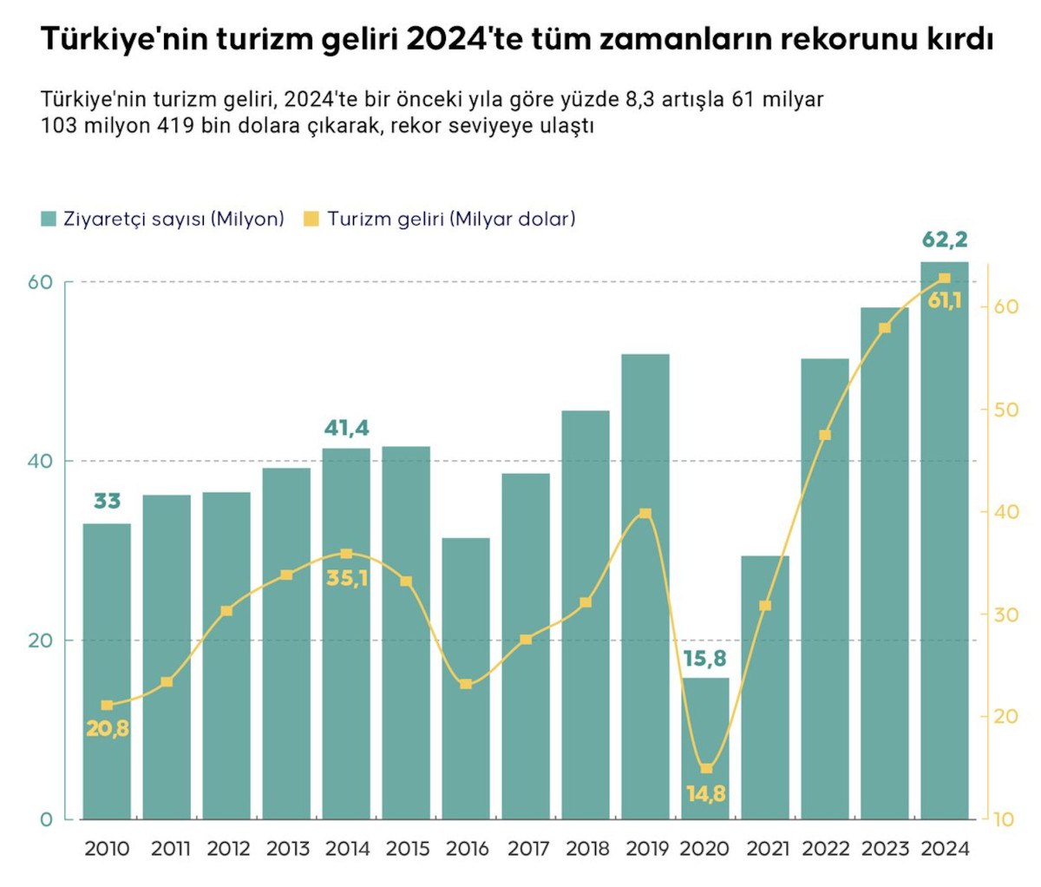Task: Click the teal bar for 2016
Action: click(x=466, y=677)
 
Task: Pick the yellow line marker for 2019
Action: click(x=645, y=514)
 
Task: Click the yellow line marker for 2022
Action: click(x=825, y=435)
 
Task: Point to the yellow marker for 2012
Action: click(x=226, y=611)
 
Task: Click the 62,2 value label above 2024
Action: click(x=944, y=240)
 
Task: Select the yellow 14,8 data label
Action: click(x=705, y=793)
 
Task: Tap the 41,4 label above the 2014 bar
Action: click(x=346, y=428)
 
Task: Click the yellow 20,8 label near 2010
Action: click(x=108, y=729)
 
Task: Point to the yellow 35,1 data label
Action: click(x=346, y=578)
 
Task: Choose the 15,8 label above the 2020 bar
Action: click(x=704, y=659)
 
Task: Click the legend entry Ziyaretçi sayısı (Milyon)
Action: click(x=173, y=219)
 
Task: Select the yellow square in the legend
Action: click(x=311, y=219)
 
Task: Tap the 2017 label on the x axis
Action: click(x=527, y=849)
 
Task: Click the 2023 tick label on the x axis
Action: click(x=884, y=849)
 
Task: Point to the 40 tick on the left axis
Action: click(x=40, y=461)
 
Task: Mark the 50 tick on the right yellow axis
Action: click(x=1005, y=410)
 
